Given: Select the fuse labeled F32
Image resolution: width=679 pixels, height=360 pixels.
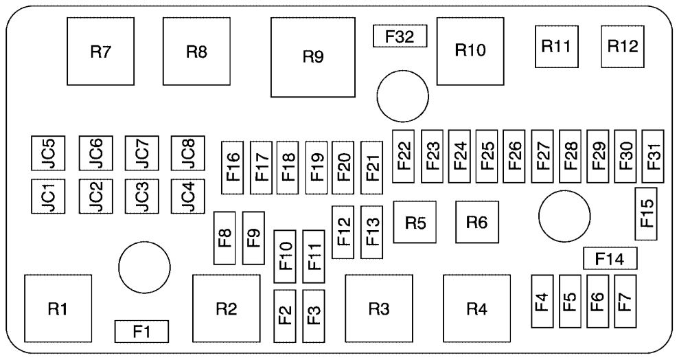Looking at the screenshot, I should pos(400,36).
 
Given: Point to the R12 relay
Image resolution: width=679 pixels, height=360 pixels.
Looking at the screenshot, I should pos(623,47).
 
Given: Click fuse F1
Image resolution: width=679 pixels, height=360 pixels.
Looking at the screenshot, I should pos(141,331).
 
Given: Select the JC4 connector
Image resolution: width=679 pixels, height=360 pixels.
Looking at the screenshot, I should pos(187,196).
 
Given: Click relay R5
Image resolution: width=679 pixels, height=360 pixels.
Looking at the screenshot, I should pos(415,223).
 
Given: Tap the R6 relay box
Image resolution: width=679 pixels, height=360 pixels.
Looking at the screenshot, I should pos(476,223).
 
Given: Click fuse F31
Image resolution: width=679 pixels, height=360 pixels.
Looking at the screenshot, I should pos(654,156).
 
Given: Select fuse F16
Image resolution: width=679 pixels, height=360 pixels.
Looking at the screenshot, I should pos(233,163).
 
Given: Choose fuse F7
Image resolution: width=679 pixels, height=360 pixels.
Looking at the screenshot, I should pos(625,300).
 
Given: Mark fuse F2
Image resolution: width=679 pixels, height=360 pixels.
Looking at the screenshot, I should pos(285,315).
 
